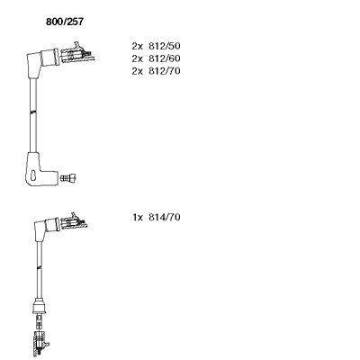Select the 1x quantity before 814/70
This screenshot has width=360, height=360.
tap(138, 217)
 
